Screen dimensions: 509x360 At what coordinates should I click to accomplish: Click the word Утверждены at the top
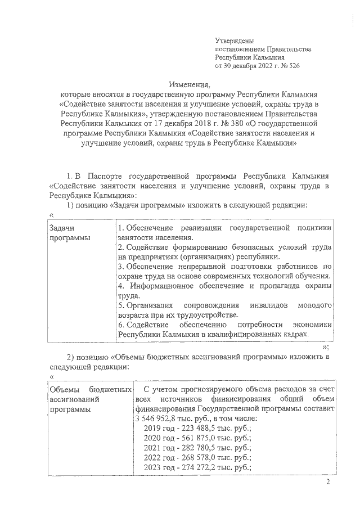click(235, 41)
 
